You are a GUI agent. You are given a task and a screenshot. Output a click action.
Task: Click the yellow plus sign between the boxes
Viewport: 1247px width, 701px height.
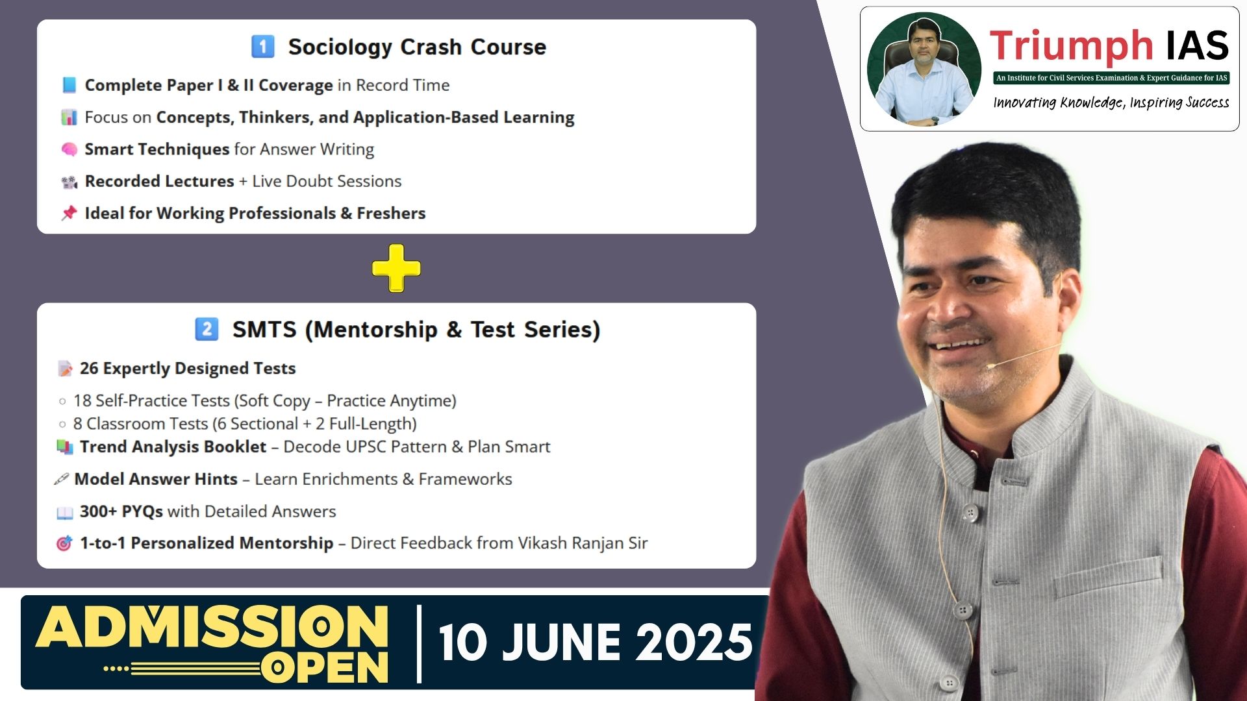point(396,268)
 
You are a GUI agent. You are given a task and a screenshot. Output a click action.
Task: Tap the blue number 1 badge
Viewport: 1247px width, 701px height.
point(263,47)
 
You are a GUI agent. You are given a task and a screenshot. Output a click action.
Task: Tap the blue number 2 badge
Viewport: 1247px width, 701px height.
point(207,329)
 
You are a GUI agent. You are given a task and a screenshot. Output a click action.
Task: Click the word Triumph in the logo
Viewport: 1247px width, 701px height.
point(1071,47)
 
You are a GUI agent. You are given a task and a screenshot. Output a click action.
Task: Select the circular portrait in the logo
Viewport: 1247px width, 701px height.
point(924,69)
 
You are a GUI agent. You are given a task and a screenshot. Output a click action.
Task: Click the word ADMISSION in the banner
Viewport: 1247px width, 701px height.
point(212,626)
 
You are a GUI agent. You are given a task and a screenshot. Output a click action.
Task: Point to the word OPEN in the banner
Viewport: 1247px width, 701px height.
point(325,667)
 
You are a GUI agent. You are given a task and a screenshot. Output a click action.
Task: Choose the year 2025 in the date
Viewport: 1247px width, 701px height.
point(693,643)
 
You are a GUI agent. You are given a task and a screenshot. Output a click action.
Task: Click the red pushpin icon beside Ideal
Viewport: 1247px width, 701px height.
point(69,213)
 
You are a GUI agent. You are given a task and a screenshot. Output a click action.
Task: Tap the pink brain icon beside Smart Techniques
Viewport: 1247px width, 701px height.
point(69,149)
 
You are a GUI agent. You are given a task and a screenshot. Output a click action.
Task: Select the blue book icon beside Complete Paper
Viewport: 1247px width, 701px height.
point(69,85)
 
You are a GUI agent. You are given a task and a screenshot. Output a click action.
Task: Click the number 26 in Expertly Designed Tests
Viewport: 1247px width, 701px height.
point(89,368)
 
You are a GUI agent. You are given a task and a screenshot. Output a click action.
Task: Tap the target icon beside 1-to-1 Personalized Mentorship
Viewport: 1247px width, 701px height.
point(64,543)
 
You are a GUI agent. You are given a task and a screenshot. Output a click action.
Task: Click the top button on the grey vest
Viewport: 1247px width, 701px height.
point(970,513)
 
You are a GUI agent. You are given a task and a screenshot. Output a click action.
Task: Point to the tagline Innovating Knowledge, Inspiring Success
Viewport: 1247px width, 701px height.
point(1111,103)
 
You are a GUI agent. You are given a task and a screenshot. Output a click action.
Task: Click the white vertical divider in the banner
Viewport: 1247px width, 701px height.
point(420,644)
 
